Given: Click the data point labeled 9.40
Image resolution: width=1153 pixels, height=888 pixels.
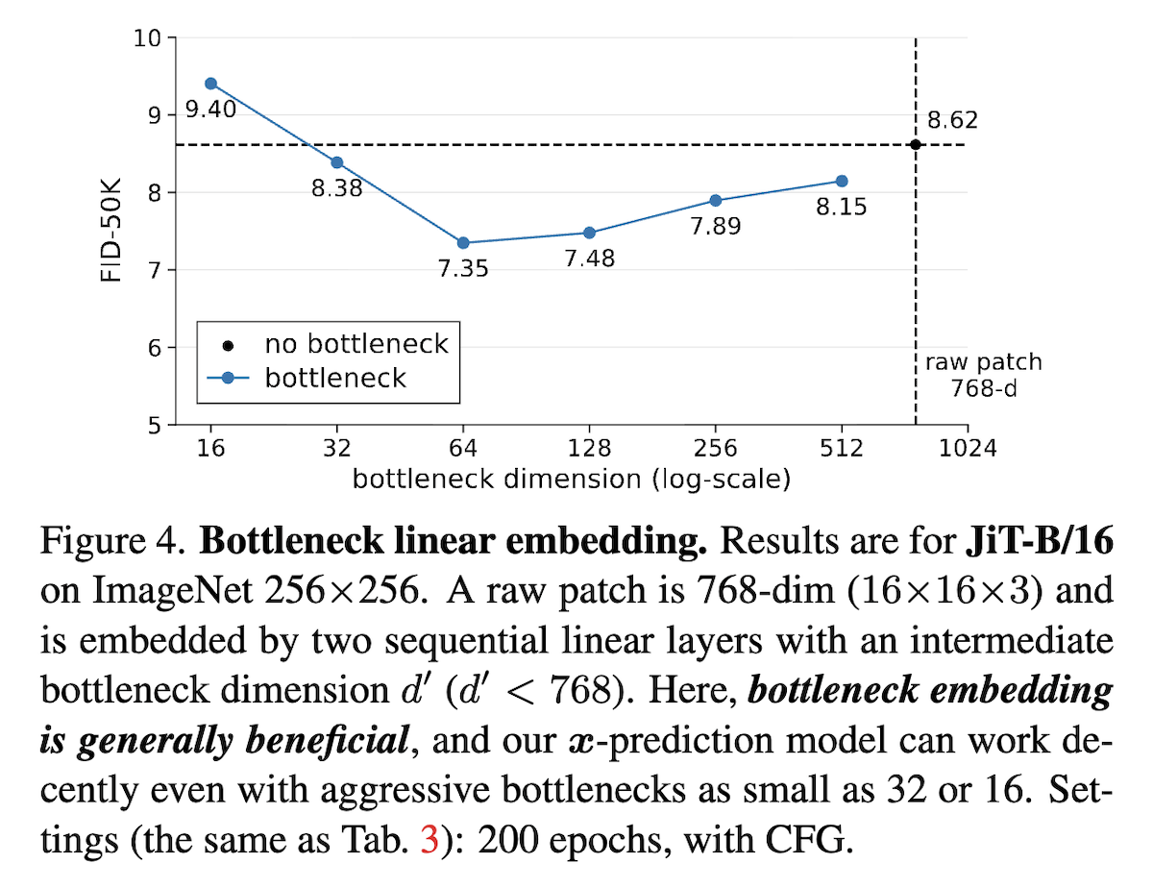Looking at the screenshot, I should pos(210,84).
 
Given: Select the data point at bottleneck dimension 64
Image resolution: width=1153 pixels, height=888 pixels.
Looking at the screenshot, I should pos(463,242).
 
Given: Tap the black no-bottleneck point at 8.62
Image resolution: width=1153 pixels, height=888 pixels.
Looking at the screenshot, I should pos(915,144).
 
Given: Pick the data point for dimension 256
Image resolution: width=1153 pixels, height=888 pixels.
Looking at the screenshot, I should pos(715,200).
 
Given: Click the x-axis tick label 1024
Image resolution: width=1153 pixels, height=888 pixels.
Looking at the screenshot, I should pos(968,449).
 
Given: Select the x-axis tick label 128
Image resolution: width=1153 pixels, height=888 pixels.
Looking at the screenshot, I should pos(589,449).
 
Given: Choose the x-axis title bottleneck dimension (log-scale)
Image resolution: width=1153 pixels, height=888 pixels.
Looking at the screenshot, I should pos(571,479).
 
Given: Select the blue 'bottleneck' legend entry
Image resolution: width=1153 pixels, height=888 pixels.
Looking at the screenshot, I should pos(335,377).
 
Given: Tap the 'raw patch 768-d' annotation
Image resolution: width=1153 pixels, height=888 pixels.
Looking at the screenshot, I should pos(983,375).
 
